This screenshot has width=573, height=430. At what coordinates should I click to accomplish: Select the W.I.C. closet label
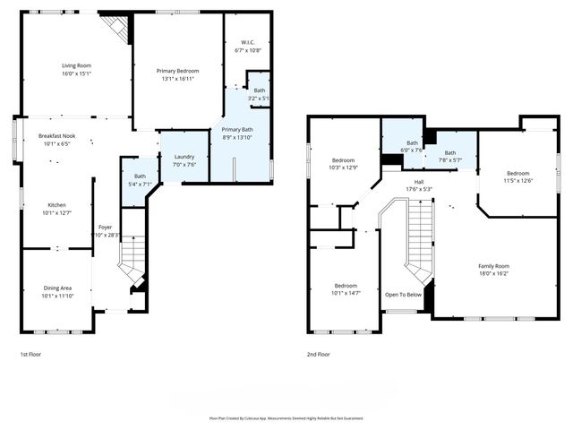coord(247,43)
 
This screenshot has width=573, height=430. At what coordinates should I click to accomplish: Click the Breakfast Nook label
coord(56,135)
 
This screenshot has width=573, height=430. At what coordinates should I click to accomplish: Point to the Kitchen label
coord(56,204)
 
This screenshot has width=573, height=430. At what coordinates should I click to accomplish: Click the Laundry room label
coord(184,156)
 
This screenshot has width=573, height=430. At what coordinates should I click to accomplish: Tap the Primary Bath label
coord(238,130)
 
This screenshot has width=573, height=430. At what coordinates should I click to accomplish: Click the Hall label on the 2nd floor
coord(418,182)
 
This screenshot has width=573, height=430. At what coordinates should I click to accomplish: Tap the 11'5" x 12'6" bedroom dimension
coord(519,180)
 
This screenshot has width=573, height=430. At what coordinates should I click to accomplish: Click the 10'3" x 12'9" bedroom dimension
coord(343,168)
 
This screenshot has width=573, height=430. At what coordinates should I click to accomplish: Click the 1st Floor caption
coord(31,354)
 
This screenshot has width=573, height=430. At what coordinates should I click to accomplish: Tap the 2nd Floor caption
coord(319,354)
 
